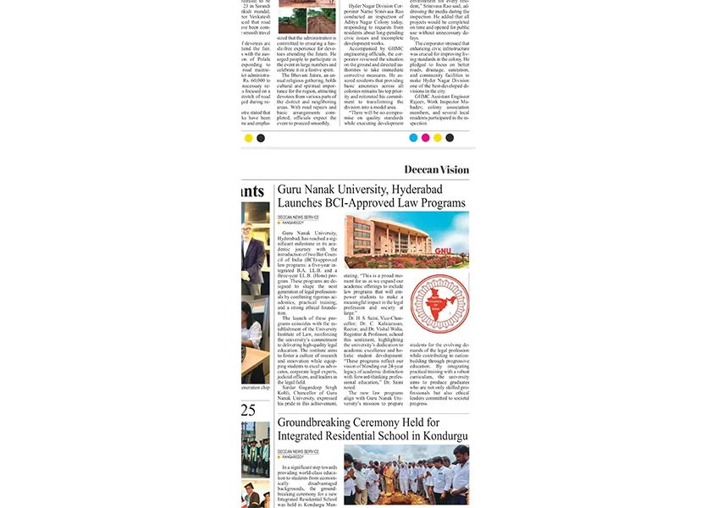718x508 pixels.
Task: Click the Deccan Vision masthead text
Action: tap(435, 169)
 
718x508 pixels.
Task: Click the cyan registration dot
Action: tap(413, 138)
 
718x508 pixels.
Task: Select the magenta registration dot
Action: tap(425, 138)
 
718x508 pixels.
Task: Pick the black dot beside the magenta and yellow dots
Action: tap(450, 138)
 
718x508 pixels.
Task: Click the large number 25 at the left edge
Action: tap(248, 410)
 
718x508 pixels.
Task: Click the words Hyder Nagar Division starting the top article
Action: tap(373, 5)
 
